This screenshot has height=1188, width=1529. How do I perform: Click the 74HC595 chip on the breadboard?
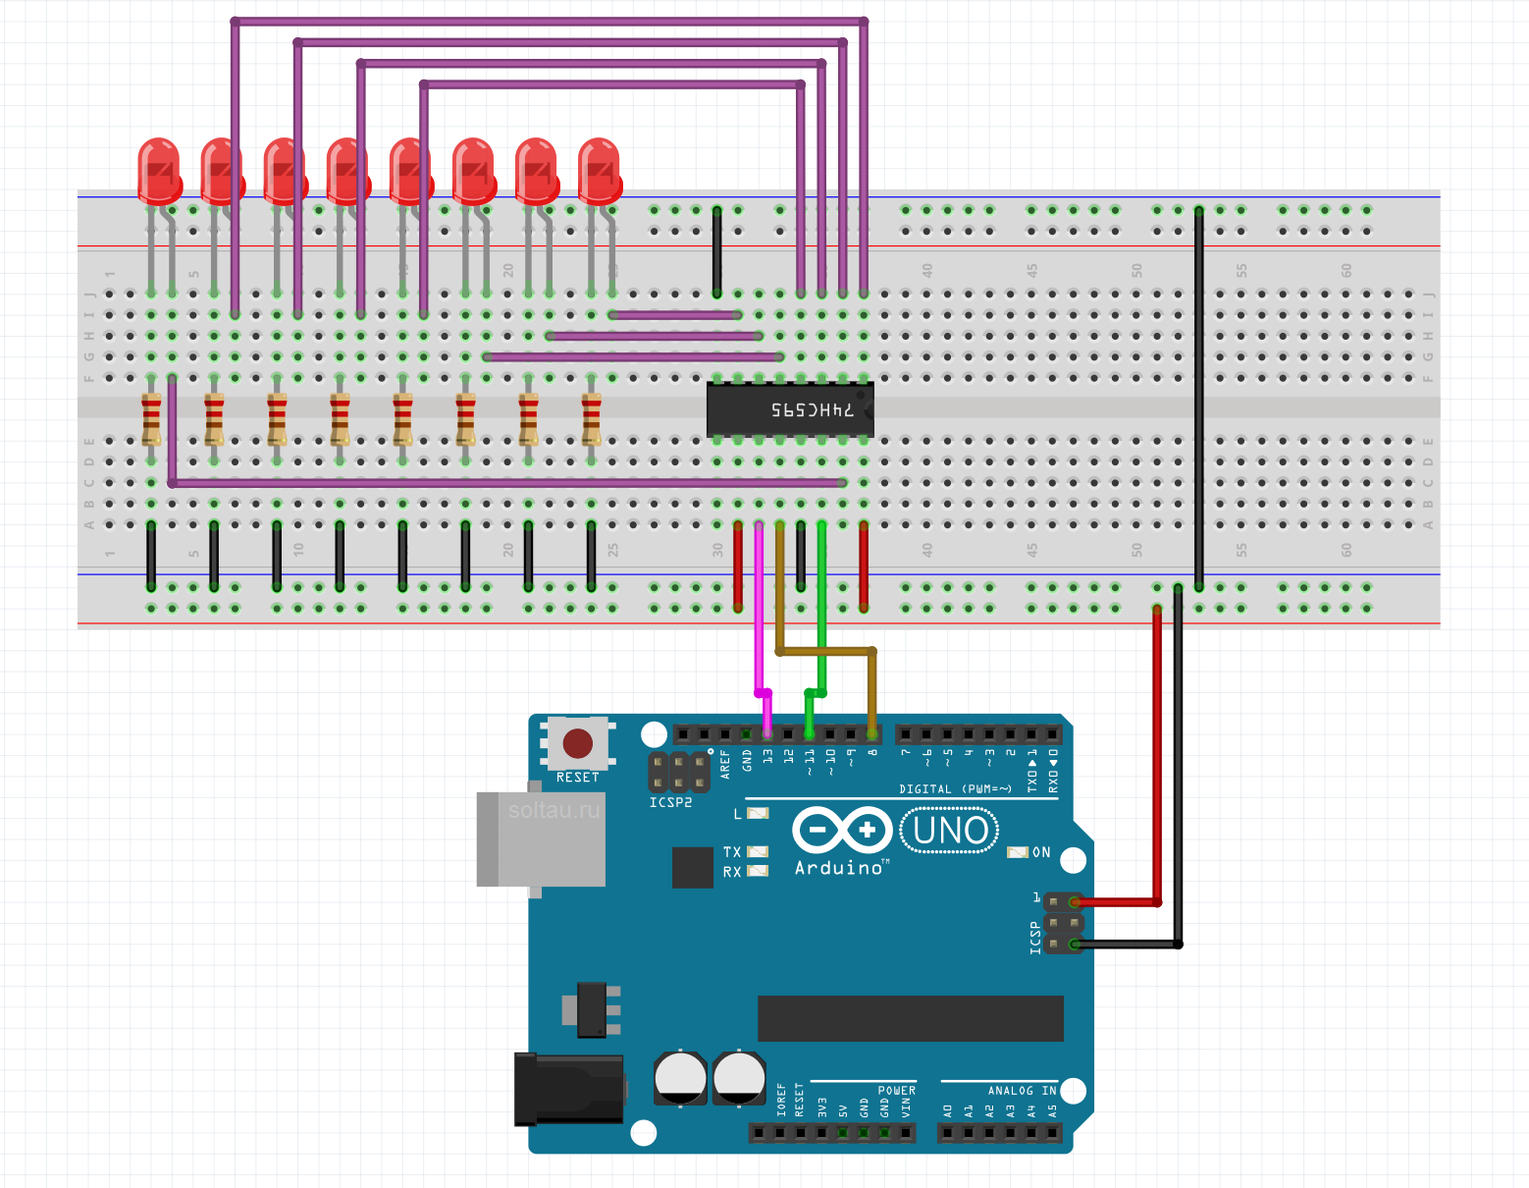pos(790,409)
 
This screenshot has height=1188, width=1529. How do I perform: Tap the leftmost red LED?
pos(159,170)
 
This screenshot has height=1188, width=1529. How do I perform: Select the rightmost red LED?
pos(599,170)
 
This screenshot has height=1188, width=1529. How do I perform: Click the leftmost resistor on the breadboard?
pos(151,419)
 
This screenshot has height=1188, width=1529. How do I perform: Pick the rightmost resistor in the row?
pos(591,419)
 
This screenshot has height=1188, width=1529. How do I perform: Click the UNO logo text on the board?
pos(950,831)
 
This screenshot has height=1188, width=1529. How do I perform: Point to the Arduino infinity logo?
pos(842,831)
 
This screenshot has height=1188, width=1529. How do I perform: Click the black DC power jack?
pos(569,1088)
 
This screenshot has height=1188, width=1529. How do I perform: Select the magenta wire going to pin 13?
pos(759,609)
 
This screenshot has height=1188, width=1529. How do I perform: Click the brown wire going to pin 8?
pos(824,650)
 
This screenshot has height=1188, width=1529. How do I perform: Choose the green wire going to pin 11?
pos(821,609)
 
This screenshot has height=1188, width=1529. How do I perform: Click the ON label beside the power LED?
pos(1041,852)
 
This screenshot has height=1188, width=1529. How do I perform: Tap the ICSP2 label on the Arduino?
pos(670,802)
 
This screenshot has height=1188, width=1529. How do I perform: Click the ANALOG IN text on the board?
pos(1022,1090)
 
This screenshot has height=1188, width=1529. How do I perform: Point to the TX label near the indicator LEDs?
pos(732,852)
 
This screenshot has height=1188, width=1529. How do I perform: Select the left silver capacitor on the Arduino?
pos(680,1077)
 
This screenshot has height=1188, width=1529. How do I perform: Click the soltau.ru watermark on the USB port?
pos(554,811)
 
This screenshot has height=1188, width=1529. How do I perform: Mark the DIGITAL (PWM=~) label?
pos(955,788)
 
